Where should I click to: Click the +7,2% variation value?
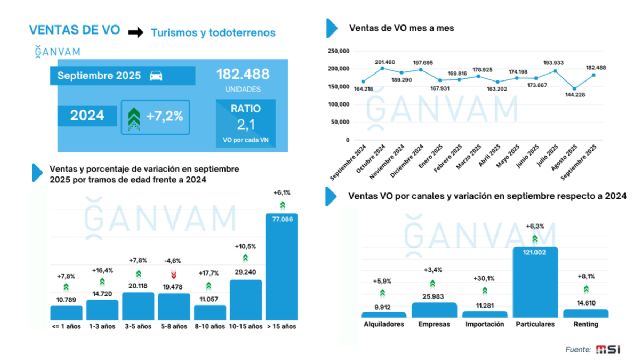tap(165, 116)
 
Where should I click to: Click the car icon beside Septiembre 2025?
tap(156, 76)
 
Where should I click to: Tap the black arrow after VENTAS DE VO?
tap(135, 33)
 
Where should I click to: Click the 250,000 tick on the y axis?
tap(338, 49)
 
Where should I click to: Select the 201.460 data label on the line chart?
tap(384, 61)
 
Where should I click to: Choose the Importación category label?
tap(484, 325)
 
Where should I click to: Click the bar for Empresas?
tap(433, 310)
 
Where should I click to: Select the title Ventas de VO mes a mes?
tap(401, 27)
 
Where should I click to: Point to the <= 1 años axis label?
tap(66, 325)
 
